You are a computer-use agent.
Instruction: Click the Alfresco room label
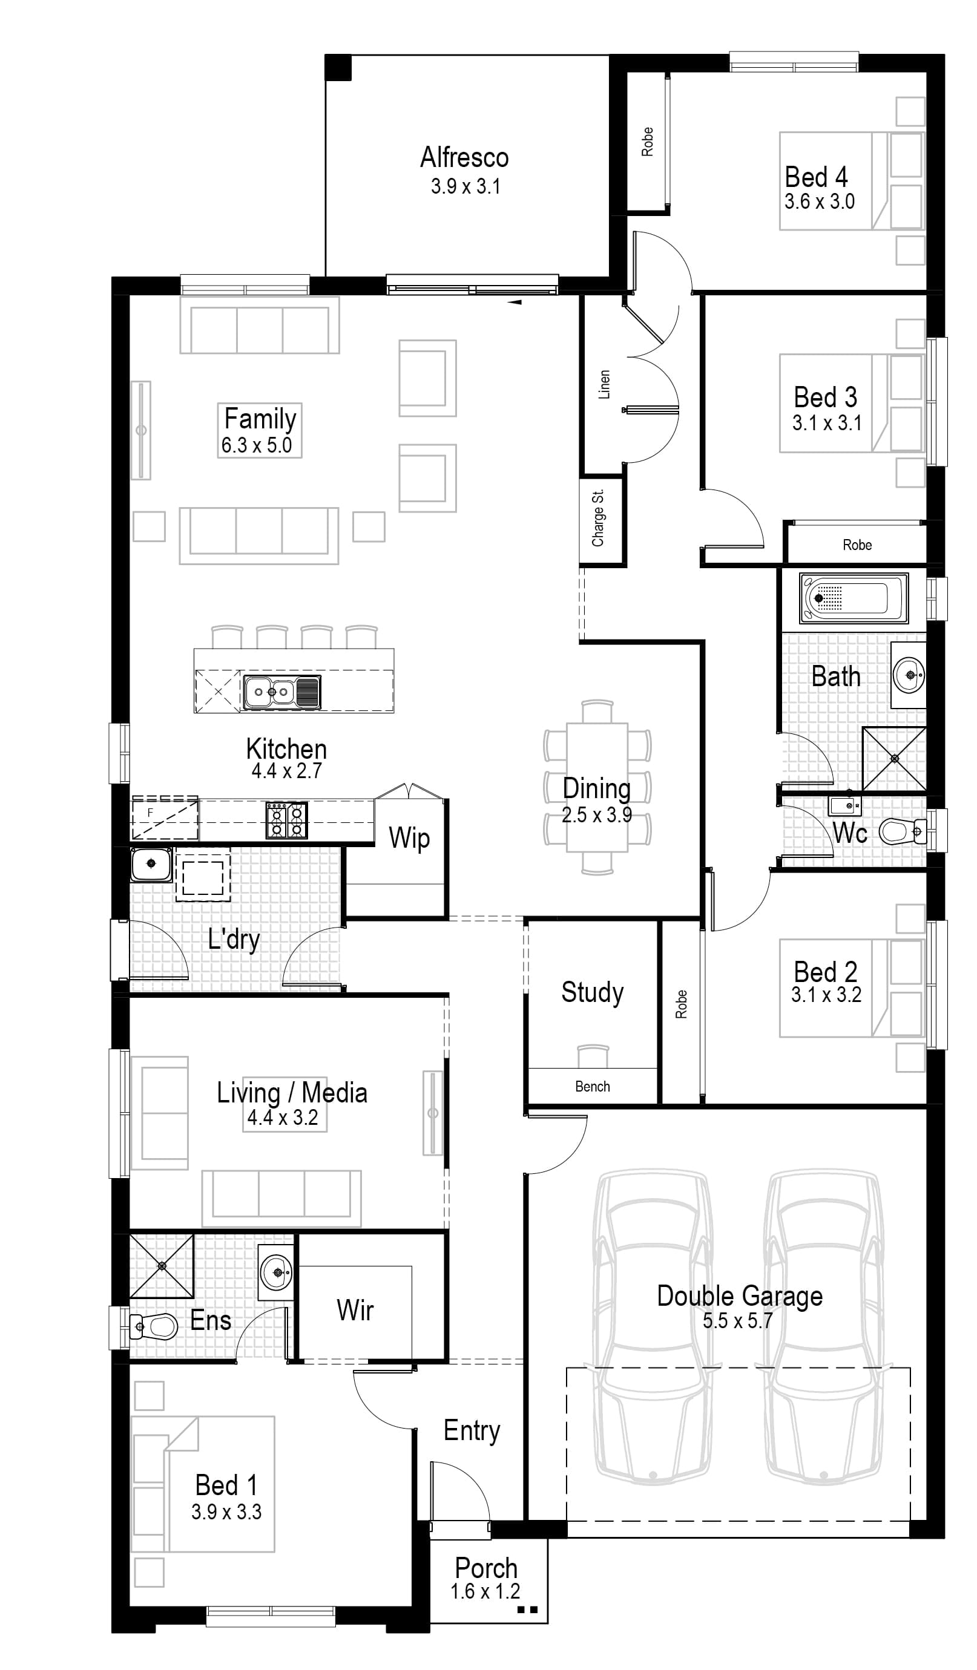pyautogui.click(x=465, y=158)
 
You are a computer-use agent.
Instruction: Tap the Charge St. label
pyautogui.click(x=598, y=518)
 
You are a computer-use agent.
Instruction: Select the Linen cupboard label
pyautogui.click(x=604, y=384)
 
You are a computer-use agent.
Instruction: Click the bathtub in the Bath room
pyautogui.click(x=853, y=598)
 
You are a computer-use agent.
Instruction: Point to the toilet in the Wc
pyautogui.click(x=901, y=830)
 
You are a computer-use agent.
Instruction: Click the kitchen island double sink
pyautogui.click(x=281, y=693)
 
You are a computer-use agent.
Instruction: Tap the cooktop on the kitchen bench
pyautogui.click(x=287, y=820)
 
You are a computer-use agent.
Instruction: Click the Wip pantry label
pyautogui.click(x=409, y=837)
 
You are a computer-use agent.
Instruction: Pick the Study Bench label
pyautogui.click(x=592, y=1086)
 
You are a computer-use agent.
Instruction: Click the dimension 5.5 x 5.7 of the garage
pyautogui.click(x=737, y=1321)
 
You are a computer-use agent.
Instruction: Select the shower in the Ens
pyautogui.click(x=162, y=1266)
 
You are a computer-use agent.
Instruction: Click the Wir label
pyautogui.click(x=355, y=1310)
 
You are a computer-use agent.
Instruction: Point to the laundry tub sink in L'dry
pyautogui.click(x=151, y=864)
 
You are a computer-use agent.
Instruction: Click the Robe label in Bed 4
pyautogui.click(x=647, y=142)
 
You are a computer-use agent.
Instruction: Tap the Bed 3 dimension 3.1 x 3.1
pyautogui.click(x=826, y=423)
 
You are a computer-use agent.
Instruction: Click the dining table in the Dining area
pyautogui.click(x=596, y=787)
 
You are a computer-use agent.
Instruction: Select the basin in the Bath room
pyautogui.click(x=909, y=675)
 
